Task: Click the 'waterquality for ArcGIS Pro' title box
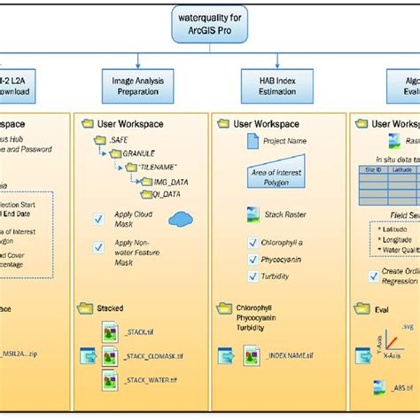209,24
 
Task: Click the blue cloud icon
181,218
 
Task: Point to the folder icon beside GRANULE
115,153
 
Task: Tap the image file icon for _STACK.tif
110,331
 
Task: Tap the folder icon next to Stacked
86,307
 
